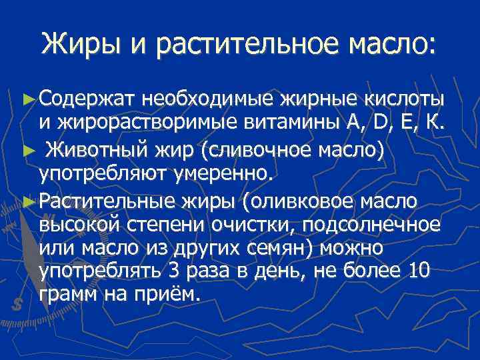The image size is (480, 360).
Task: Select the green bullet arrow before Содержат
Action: click(x=27, y=99)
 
